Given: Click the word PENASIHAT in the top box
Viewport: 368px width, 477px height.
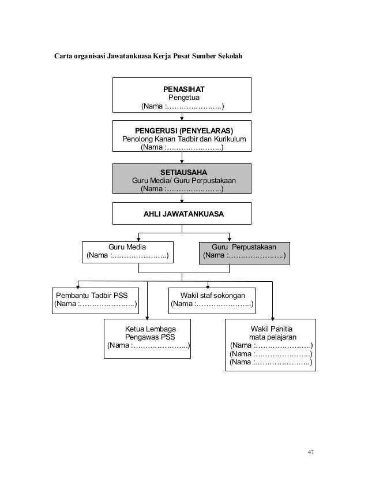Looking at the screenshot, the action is click(x=183, y=89).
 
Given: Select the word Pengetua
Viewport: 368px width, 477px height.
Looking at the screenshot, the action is click(x=184, y=98).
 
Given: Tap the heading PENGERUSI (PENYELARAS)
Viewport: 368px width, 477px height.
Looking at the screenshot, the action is click(x=184, y=131).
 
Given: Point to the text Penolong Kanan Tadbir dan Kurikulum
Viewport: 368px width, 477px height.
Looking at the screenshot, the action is click(x=184, y=139).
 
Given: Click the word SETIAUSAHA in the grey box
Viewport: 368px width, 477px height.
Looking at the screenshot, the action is click(x=183, y=172).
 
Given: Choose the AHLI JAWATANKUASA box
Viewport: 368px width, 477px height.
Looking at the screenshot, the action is click(x=182, y=214).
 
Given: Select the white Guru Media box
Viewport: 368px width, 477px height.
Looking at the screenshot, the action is click(x=127, y=252).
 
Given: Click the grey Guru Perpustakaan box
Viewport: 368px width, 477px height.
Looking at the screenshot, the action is click(x=245, y=253).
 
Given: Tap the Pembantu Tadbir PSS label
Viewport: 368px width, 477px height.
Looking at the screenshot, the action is click(x=92, y=296).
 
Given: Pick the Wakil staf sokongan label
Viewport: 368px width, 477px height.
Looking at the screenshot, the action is click(x=213, y=296).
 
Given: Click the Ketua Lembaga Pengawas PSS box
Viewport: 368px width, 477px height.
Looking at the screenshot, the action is click(x=148, y=338).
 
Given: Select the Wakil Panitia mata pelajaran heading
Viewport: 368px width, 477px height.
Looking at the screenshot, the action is click(x=272, y=333).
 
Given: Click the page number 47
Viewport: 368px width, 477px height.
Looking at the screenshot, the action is click(x=310, y=452).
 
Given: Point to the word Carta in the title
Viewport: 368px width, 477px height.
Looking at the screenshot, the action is click(x=63, y=56).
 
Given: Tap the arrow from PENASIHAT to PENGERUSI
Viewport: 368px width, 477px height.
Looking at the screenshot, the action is click(x=182, y=116).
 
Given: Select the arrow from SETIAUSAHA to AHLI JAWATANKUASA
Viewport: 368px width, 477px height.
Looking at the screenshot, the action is click(x=182, y=198).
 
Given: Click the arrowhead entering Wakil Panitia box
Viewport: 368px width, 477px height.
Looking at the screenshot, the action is click(x=273, y=319).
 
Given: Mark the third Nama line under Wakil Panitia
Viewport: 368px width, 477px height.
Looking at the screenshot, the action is click(x=271, y=362).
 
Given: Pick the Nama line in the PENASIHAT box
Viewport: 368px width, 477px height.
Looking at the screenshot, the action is click(x=182, y=106).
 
